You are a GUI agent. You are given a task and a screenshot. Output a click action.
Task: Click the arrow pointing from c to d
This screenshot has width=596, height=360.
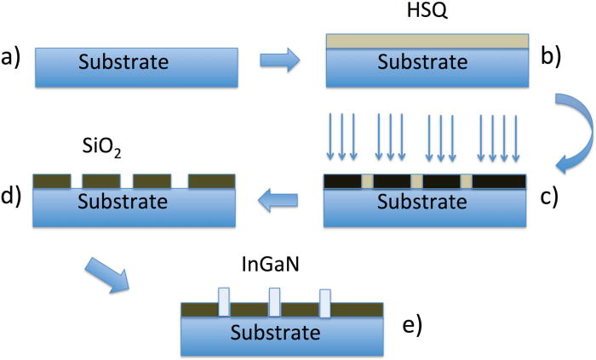(x=278, y=201)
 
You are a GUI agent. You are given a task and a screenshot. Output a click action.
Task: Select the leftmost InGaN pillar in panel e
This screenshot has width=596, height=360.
(x=224, y=303)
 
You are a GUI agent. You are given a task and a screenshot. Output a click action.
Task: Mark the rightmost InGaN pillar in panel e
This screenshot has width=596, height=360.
(x=324, y=303)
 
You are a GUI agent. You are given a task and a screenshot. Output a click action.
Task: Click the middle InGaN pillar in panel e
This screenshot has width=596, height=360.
(x=274, y=303)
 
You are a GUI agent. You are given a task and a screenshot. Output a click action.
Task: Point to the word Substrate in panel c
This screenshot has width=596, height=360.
(x=423, y=203)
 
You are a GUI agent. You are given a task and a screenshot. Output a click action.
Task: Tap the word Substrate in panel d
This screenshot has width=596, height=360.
(x=134, y=203)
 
